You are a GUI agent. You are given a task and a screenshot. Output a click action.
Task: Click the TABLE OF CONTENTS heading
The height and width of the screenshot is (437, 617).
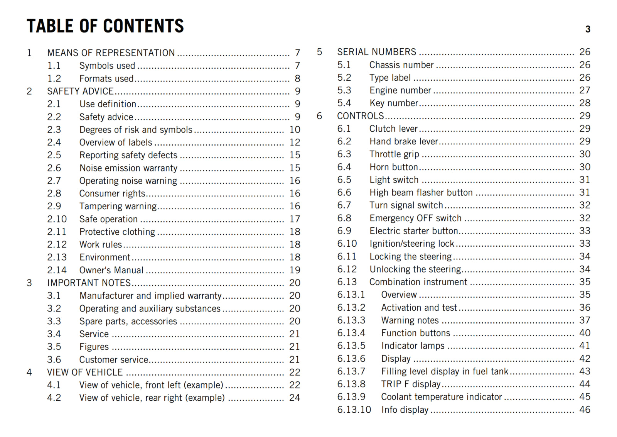105,26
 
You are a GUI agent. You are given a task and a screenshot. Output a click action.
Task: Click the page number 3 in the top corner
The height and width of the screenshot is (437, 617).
588,29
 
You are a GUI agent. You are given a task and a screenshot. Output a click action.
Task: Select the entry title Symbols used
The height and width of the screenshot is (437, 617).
107,66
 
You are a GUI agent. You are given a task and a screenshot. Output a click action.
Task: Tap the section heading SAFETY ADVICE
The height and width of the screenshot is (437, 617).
80,91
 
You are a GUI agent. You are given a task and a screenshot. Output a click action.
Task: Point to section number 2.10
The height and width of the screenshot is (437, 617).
57,219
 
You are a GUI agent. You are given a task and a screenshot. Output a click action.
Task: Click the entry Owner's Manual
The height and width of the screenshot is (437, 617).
111,270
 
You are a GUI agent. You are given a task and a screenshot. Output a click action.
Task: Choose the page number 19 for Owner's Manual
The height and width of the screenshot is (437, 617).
295,270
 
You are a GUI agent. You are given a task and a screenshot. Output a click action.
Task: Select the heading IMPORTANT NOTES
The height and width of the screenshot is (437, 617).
89,283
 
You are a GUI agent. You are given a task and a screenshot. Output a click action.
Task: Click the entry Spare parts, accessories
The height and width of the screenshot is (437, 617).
128,321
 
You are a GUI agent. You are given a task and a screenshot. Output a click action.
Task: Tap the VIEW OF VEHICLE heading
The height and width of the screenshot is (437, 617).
85,373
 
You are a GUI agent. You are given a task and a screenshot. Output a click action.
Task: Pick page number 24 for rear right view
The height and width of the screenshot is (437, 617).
295,398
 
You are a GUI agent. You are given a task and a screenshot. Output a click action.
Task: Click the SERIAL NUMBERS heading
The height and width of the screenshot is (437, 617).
376,52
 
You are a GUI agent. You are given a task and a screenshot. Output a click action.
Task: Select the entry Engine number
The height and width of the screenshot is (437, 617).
400,90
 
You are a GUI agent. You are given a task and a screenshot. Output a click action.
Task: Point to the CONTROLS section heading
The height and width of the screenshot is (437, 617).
360,116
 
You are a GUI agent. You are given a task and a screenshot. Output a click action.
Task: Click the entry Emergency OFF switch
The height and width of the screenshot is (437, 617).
415,218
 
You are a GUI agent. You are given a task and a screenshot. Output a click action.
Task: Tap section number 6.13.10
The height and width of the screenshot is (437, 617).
354,410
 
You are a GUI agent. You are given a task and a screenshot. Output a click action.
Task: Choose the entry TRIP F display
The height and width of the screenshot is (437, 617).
411,384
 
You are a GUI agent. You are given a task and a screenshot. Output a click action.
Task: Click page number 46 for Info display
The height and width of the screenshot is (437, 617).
585,410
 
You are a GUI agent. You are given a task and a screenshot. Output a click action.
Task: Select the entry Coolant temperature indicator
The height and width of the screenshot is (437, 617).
441,397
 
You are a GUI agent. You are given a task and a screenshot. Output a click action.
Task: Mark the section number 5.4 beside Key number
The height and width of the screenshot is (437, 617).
344,103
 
